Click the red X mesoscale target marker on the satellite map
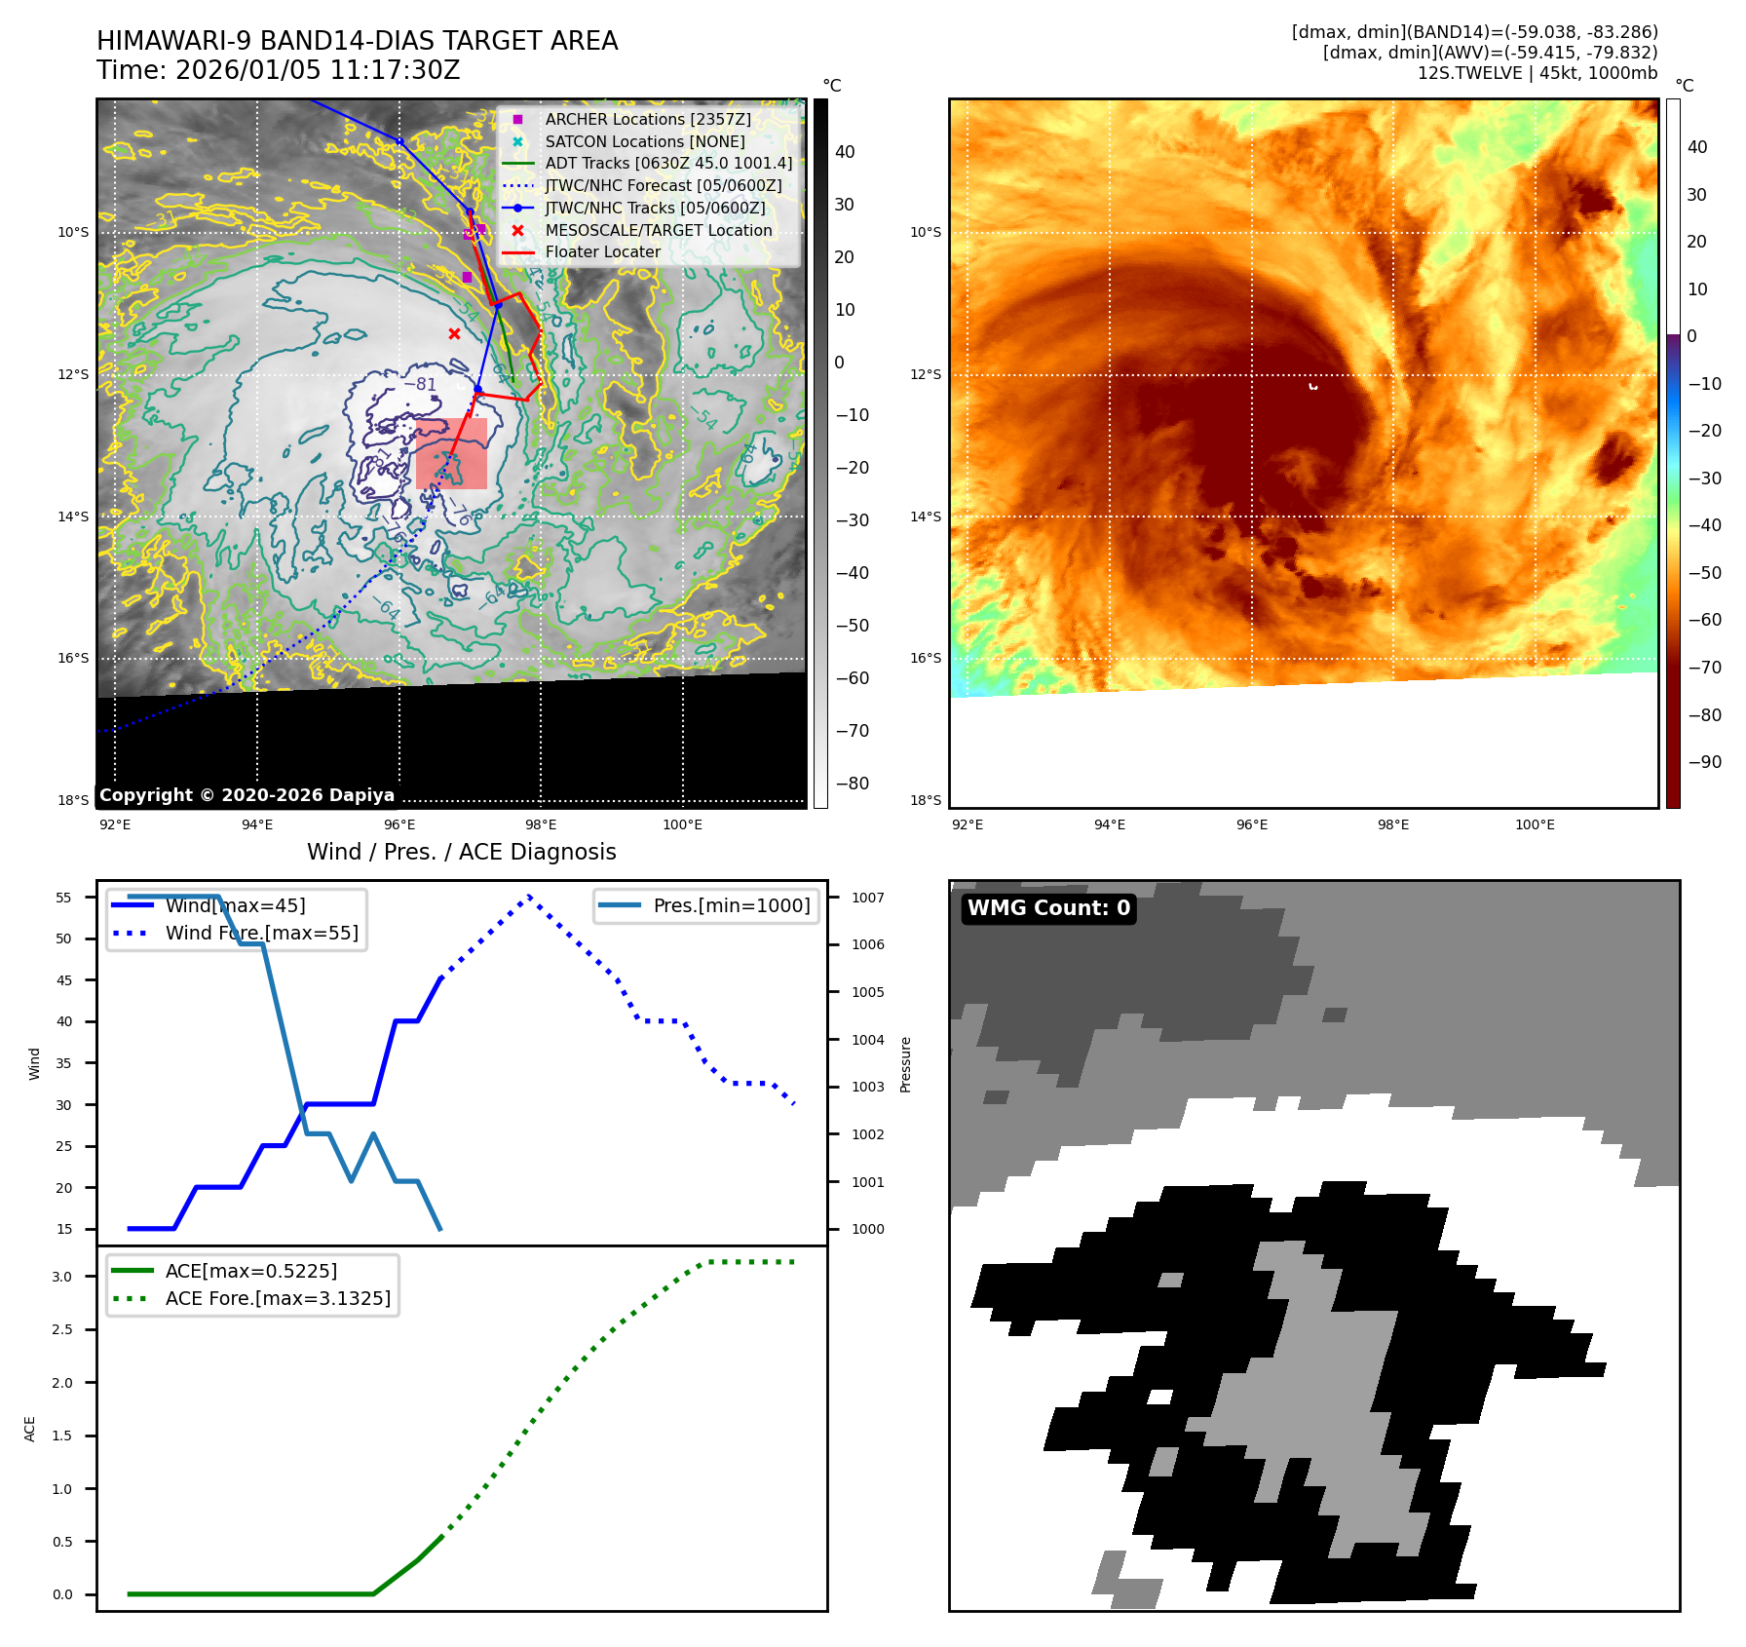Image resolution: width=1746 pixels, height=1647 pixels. [x=454, y=334]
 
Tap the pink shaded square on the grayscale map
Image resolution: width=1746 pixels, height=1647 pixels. [x=451, y=453]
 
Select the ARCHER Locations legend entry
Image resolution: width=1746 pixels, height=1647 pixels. [x=647, y=119]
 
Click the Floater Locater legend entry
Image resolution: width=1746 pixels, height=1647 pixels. [x=602, y=251]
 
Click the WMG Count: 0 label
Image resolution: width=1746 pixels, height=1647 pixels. [x=1048, y=908]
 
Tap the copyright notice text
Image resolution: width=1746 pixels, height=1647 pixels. [x=247, y=795]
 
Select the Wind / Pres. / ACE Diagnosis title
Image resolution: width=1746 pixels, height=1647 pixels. [x=461, y=852]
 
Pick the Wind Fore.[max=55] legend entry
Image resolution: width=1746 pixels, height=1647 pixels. [x=261, y=933]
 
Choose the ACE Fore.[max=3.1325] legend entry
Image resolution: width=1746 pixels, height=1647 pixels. [x=278, y=1298]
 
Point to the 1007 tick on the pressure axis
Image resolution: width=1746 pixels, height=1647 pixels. [x=867, y=898]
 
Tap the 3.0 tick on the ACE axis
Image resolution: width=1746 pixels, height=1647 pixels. [x=62, y=1277]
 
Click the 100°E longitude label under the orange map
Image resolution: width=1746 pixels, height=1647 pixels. [x=1535, y=824]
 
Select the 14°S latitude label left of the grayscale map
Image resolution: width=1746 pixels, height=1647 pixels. [x=73, y=517]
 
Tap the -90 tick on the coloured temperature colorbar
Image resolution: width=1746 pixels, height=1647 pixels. [x=1704, y=762]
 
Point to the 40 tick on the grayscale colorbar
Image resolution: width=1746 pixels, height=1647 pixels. [x=844, y=152]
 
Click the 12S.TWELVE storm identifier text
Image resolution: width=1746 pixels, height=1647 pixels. [x=1461, y=73]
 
